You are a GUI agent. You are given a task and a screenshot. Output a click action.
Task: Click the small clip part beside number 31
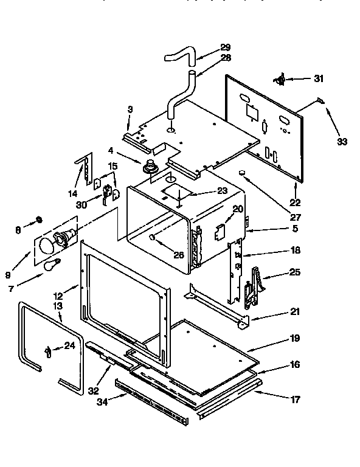[x=281, y=78]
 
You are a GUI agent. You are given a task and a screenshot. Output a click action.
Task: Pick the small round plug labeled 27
[x=243, y=174]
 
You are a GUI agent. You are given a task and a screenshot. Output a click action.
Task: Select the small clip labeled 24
[x=47, y=351]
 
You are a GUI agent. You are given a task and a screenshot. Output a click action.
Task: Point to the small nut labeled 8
[x=38, y=218]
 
